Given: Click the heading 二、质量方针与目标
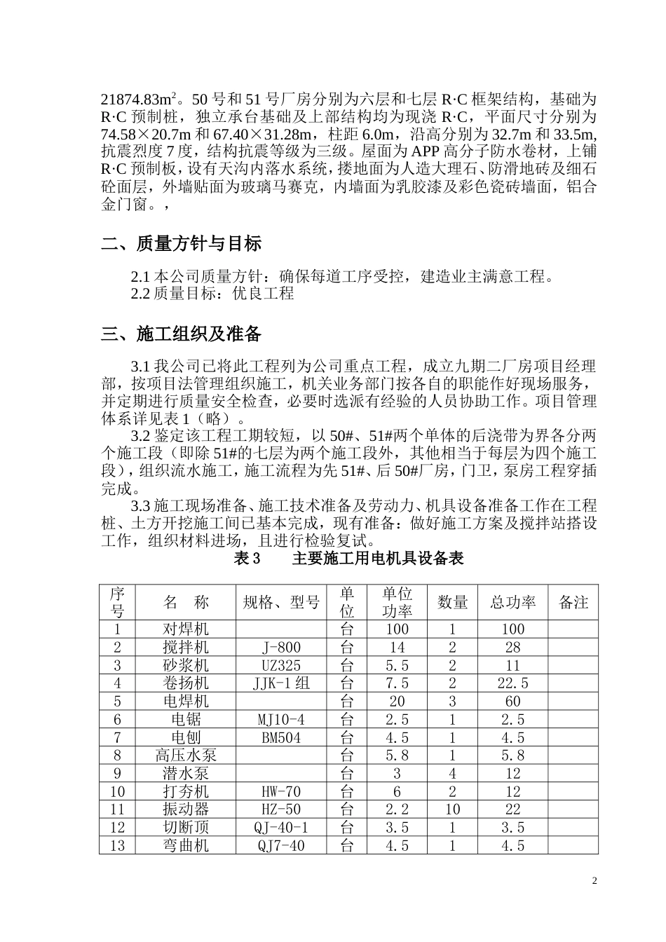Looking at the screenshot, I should tap(182, 244).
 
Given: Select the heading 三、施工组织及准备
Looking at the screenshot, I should tap(182, 334).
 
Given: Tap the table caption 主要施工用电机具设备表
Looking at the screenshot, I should tap(378, 559).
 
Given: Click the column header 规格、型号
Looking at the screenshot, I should tap(281, 602).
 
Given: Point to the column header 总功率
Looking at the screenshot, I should tap(512, 602).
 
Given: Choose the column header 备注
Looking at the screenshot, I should tap(573, 602).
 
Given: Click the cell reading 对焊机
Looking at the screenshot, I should tap(186, 629).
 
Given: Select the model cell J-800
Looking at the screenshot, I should tap(281, 648).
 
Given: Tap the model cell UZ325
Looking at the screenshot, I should tap(281, 665).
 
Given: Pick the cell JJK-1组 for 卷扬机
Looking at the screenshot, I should tap(281, 683).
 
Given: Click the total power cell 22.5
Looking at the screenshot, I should tap(512, 683).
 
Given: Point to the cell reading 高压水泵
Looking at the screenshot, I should tap(186, 756).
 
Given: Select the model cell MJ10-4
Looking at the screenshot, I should tap(281, 719).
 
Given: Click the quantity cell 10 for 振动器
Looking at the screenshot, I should tap(452, 810).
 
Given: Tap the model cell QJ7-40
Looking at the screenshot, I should tap(281, 845).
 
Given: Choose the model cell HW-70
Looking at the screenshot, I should tap(281, 791).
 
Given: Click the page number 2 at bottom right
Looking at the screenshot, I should tap(594, 880).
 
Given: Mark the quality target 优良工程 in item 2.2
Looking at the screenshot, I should tap(264, 293).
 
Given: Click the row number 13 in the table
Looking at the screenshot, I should tap(117, 845).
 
